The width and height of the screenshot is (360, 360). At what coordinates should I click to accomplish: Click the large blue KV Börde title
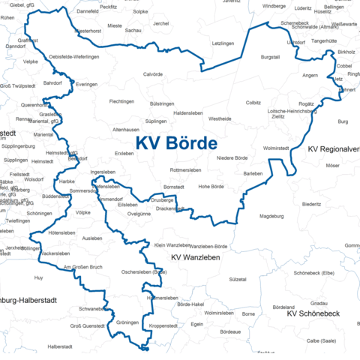click(x=177, y=143)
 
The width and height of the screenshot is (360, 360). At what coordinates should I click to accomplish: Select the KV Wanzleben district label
click(x=195, y=257)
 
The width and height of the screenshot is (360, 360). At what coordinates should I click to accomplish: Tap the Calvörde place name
click(x=153, y=74)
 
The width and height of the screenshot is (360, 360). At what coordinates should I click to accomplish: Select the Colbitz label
click(x=253, y=102)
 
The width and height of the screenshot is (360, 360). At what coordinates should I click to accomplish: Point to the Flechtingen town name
click(x=121, y=101)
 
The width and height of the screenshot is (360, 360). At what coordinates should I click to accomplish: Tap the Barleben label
click(x=253, y=173)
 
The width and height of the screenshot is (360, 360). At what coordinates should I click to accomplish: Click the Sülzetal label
click(x=238, y=279)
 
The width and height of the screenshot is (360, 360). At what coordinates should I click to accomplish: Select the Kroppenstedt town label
click(x=163, y=326)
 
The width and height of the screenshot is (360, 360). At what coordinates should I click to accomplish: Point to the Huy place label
click(x=39, y=277)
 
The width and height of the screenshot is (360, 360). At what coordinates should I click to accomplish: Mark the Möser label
click(x=332, y=165)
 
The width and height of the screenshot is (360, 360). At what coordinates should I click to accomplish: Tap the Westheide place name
click(x=220, y=118)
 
